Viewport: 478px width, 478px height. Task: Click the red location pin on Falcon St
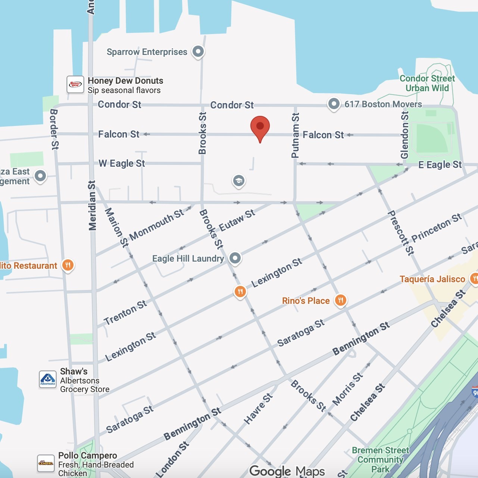[260, 127]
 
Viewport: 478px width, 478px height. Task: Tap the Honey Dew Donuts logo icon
[75, 84]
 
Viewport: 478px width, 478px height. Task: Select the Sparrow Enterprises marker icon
[198, 52]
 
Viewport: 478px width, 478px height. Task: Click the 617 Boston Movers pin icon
[334, 104]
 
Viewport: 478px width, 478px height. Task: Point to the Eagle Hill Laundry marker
[235, 258]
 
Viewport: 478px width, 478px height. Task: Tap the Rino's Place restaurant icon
[341, 300]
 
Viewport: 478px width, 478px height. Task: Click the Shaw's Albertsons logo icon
[48, 379]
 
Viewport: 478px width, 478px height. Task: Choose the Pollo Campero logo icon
[46, 463]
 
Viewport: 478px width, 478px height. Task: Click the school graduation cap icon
[239, 181]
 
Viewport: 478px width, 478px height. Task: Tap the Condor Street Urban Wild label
[427, 83]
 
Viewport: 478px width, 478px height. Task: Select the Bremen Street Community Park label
[380, 460]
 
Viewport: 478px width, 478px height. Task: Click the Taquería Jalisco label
[432, 279]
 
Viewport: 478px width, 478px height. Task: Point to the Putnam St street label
[295, 135]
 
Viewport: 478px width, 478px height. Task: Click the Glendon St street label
[404, 135]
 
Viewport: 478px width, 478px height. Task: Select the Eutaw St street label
[237, 220]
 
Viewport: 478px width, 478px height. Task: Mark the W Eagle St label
[122, 163]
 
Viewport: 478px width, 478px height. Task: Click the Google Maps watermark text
[287, 471]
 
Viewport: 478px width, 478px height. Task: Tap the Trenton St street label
[125, 313]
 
